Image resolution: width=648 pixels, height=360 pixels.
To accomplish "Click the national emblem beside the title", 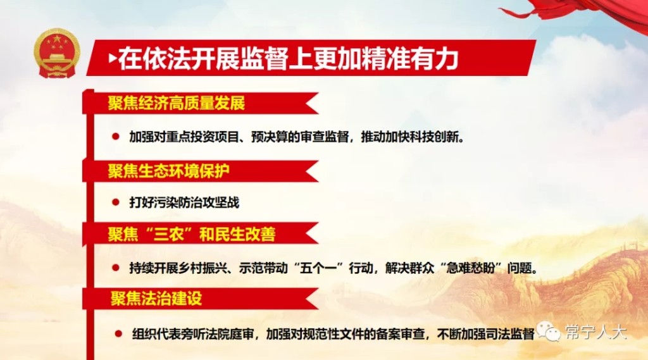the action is click(57, 53).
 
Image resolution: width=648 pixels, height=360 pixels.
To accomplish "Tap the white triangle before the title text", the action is click(113, 58).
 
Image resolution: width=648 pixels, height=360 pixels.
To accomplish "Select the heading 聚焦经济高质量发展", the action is click(177, 103).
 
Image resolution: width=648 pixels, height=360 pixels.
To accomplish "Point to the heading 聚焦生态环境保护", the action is click(168, 171).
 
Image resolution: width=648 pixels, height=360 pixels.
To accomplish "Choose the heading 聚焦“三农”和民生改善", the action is click(192, 234).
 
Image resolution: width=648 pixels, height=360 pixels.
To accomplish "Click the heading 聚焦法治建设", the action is click(156, 298).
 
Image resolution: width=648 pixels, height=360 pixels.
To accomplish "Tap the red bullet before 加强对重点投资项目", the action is click(116, 137).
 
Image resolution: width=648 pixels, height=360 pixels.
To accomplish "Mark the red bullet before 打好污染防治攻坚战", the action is click(116, 202).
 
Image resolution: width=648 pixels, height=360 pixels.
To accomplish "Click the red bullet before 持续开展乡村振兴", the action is click(116, 268).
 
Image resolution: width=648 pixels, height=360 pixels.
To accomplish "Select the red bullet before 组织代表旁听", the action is click(118, 333).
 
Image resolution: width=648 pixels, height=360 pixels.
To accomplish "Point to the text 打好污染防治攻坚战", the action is click(184, 202).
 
